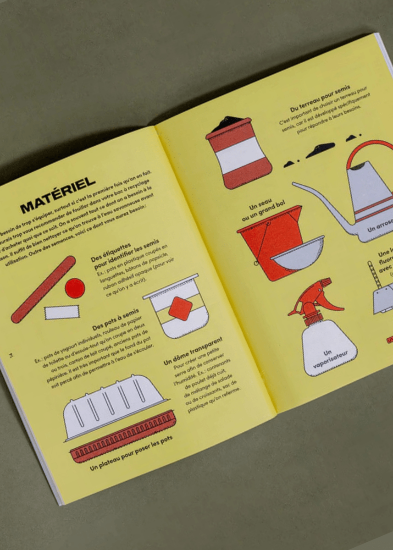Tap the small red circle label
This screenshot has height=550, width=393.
75,288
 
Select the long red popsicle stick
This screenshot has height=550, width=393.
43,289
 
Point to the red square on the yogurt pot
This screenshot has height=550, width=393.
180,308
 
